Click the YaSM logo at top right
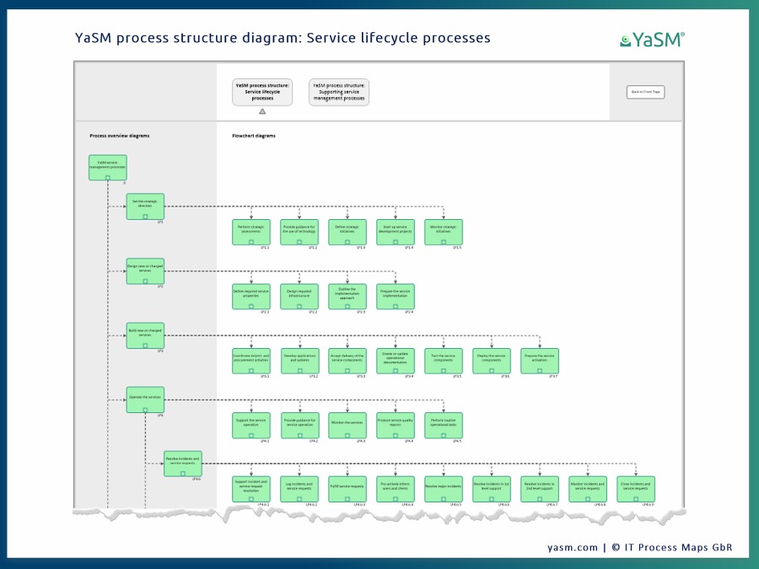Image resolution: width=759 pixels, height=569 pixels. click(652, 39)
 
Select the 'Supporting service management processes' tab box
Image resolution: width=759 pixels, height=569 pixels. click(339, 92)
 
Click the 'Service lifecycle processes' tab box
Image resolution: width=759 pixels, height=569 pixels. click(262, 92)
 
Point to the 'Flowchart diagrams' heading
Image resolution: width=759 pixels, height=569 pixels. click(254, 136)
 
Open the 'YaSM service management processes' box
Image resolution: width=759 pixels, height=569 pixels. click(108, 167)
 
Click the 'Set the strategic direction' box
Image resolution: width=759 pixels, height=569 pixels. click(145, 206)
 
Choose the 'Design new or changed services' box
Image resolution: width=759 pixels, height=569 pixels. click(145, 271)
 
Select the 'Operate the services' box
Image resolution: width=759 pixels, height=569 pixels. click(145, 400)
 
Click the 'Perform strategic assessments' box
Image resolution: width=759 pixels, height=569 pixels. click(251, 232)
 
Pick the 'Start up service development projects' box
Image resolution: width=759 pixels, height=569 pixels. click(396, 232)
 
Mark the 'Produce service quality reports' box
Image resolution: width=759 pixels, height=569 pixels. click(396, 425)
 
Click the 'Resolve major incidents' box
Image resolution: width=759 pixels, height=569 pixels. click(444, 489)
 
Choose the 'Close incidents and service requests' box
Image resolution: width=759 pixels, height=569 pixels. click(636, 489)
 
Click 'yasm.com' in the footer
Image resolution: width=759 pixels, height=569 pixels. click(573, 547)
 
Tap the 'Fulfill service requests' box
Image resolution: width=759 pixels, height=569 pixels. click(347, 489)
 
